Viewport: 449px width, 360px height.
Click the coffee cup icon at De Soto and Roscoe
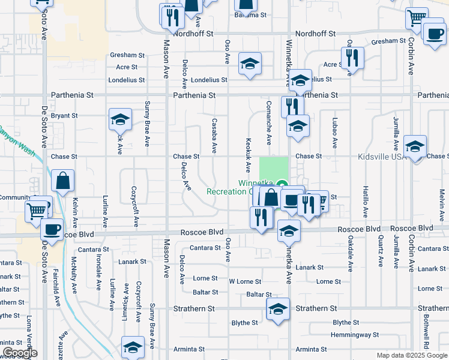tap(52, 229)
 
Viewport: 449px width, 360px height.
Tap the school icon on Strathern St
tap(278, 310)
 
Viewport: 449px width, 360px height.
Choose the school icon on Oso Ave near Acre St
tap(250, 64)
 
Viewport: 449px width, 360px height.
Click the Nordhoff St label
tap(193, 34)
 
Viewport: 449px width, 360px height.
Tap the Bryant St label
tap(65, 115)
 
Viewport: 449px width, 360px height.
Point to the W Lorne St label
tap(245, 281)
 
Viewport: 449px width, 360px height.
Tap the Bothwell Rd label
tap(426, 332)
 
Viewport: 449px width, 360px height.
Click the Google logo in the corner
tap(20, 353)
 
